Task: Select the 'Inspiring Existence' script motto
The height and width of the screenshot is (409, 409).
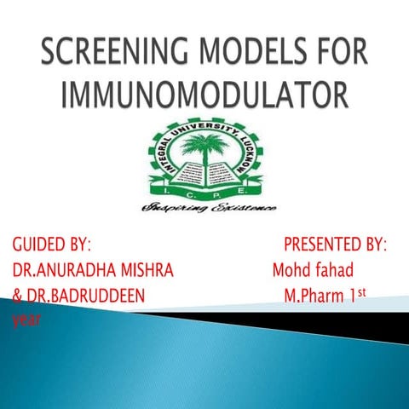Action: point(204,208)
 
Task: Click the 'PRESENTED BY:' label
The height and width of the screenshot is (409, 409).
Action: point(335,246)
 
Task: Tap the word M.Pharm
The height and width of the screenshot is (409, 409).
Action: point(317,297)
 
